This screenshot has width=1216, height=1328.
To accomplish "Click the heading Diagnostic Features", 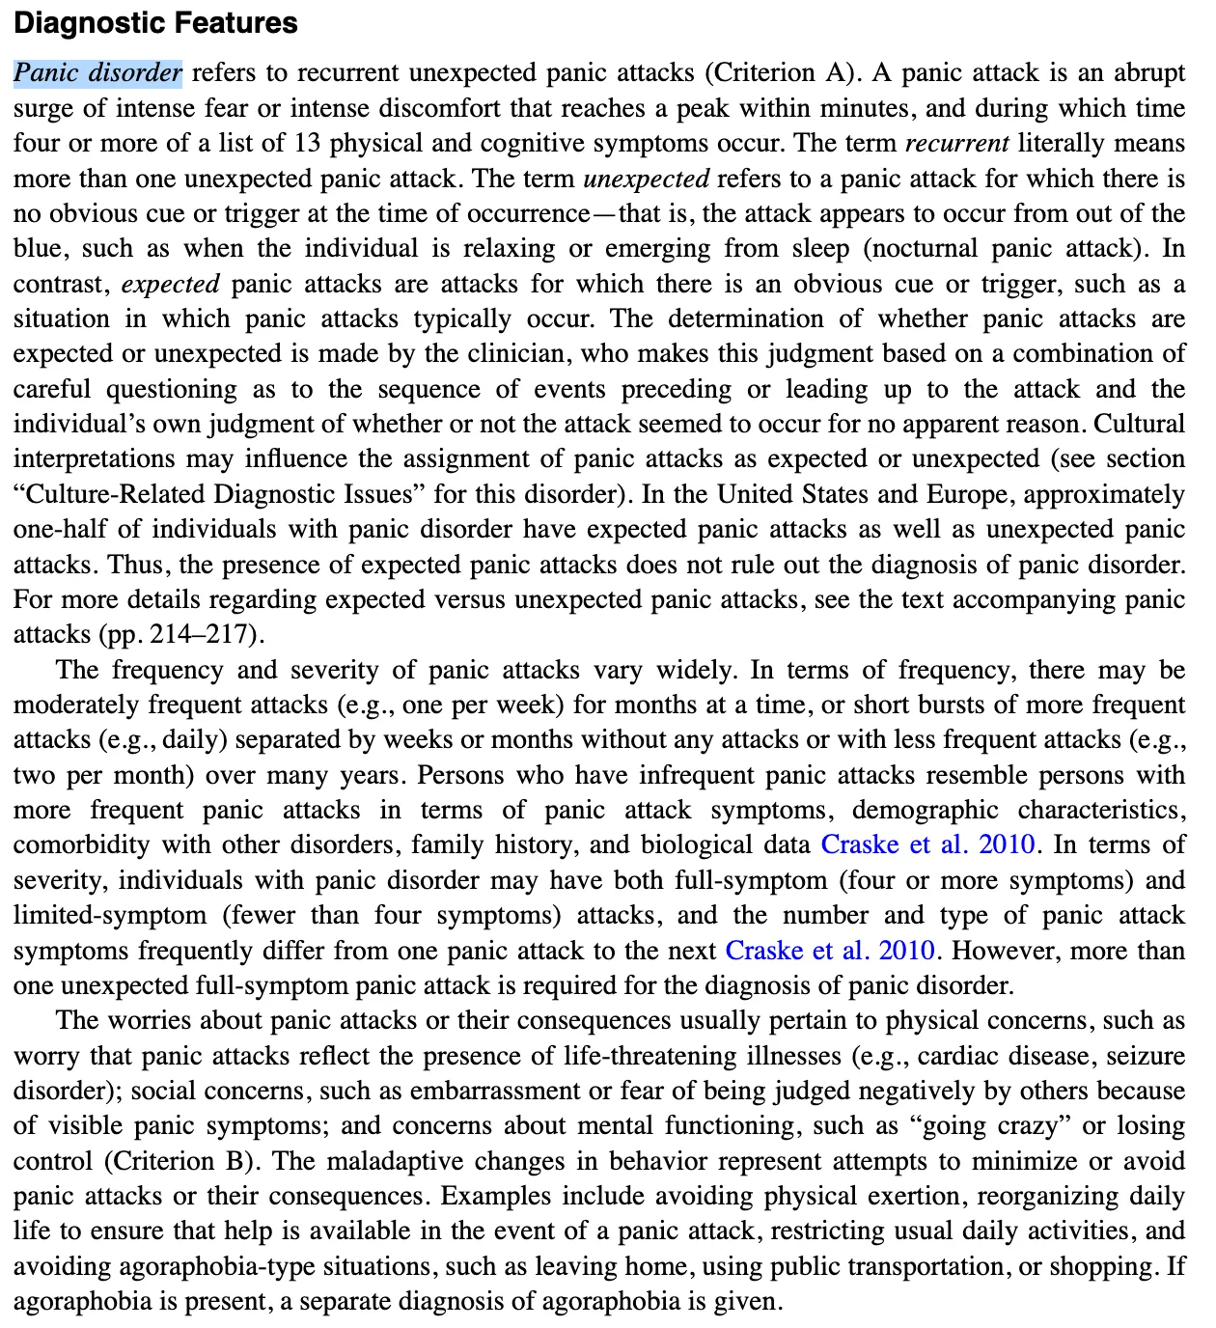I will click(155, 23).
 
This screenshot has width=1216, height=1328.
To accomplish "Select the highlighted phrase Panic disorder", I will click(97, 73).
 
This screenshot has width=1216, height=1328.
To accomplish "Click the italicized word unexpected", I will click(647, 179).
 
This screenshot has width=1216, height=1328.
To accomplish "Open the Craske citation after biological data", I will click(928, 845).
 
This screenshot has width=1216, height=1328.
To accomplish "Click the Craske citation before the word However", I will click(831, 951).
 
